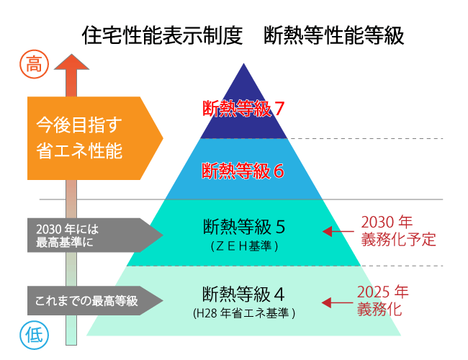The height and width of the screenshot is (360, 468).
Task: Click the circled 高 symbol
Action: pos(34,64)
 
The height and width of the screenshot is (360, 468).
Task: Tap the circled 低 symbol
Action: pos(34,336)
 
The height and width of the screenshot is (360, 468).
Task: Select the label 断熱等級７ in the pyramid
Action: pos(243,108)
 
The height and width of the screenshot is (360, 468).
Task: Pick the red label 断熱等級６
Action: pos(243,171)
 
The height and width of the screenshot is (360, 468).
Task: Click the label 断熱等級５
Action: pos(244,227)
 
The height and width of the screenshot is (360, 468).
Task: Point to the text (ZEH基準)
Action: pos(244,246)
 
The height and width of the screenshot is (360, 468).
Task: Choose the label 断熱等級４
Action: pos(243,294)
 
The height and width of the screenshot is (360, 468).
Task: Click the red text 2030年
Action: pos(387,222)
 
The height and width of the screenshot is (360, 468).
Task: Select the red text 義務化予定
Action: pos(398,240)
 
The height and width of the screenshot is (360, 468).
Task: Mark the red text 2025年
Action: pos(382,292)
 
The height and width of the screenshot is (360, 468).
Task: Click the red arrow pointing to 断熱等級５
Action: pos(338,231)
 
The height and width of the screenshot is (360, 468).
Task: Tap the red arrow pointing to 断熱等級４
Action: pos(337,302)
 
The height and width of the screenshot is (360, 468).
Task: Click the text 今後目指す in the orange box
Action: pos(79,125)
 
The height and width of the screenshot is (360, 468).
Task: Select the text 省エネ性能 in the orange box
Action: pos(79,150)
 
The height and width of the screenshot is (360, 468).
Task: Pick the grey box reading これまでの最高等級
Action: pos(95,300)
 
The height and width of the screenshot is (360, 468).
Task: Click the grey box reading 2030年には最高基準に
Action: pos(95,235)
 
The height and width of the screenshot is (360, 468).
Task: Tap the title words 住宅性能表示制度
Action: pos(162,35)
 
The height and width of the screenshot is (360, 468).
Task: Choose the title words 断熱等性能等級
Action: pos(334,35)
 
